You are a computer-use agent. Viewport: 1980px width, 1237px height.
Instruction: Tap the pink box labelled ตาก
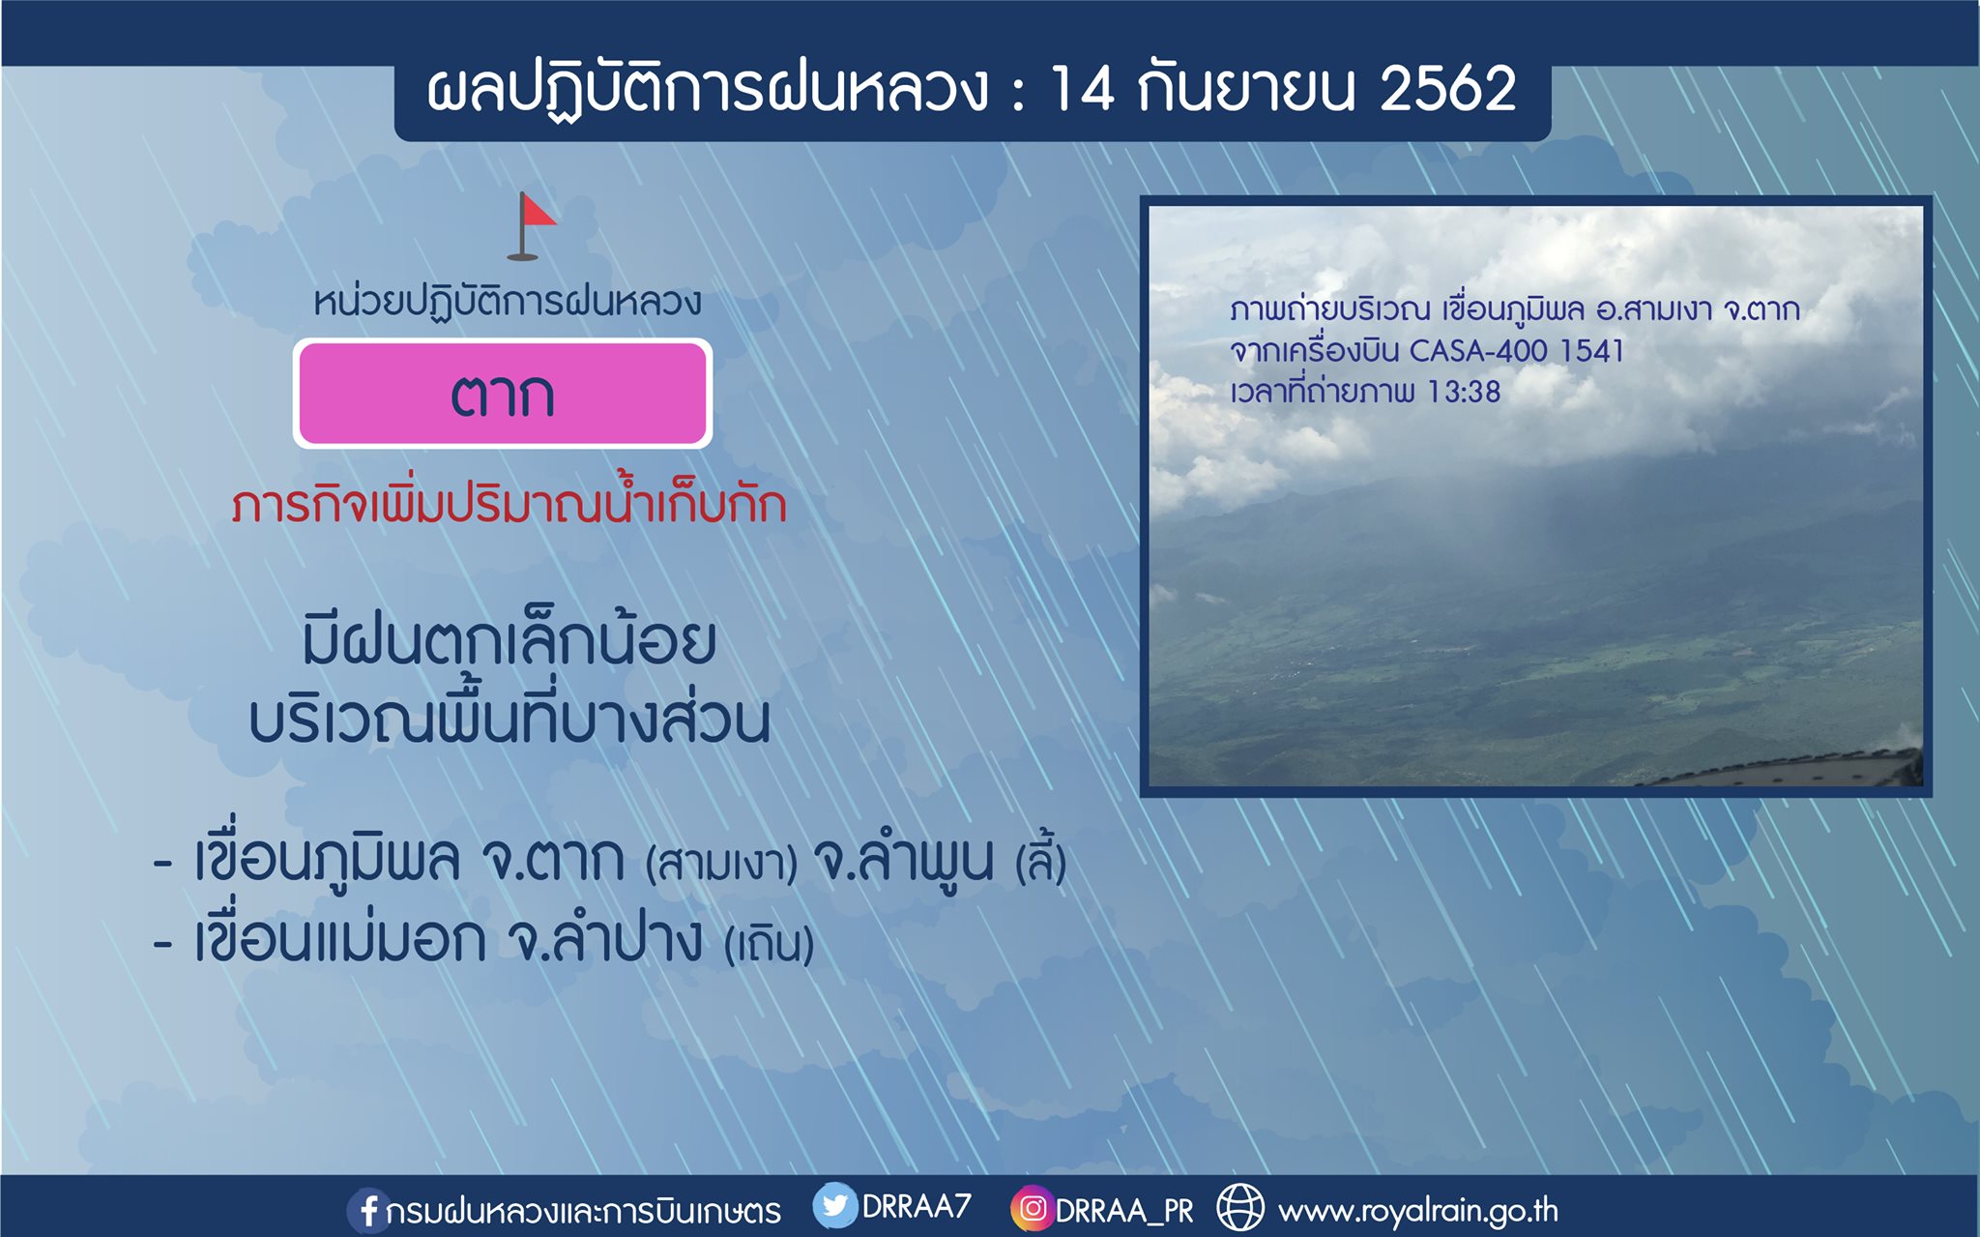(x=503, y=394)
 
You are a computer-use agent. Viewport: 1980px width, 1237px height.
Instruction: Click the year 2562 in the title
(x=1448, y=89)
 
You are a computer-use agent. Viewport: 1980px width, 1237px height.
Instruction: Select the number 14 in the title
(x=1082, y=89)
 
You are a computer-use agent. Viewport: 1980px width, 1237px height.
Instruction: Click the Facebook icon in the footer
(x=367, y=1210)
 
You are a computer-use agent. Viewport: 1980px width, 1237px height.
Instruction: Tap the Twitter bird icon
(x=834, y=1206)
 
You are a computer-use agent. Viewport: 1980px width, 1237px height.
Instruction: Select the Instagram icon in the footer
(x=1033, y=1208)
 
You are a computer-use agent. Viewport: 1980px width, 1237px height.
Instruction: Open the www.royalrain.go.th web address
(x=1418, y=1210)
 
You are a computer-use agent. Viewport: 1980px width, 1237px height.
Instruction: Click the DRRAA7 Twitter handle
(x=916, y=1206)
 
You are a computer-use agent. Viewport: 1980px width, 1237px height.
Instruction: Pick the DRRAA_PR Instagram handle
(x=1124, y=1211)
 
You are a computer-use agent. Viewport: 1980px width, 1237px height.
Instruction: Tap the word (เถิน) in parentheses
(x=770, y=943)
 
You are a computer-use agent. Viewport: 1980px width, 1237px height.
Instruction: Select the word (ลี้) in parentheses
(x=1041, y=859)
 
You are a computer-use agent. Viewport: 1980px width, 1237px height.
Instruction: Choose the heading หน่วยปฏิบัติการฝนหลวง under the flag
(x=508, y=301)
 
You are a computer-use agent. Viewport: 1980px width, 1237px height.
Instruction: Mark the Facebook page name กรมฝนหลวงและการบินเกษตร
(x=583, y=1211)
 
